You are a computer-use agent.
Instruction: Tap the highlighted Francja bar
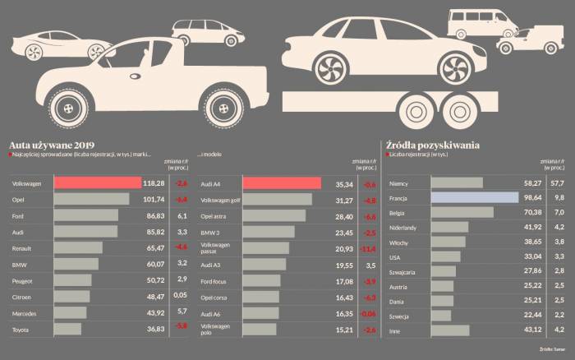(475, 198)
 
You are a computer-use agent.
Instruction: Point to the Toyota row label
(21, 329)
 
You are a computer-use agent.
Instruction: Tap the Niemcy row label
(400, 184)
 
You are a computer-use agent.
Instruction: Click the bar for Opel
(91, 199)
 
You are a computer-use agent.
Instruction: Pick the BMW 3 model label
(211, 233)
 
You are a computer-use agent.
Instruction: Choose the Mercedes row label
(25, 313)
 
